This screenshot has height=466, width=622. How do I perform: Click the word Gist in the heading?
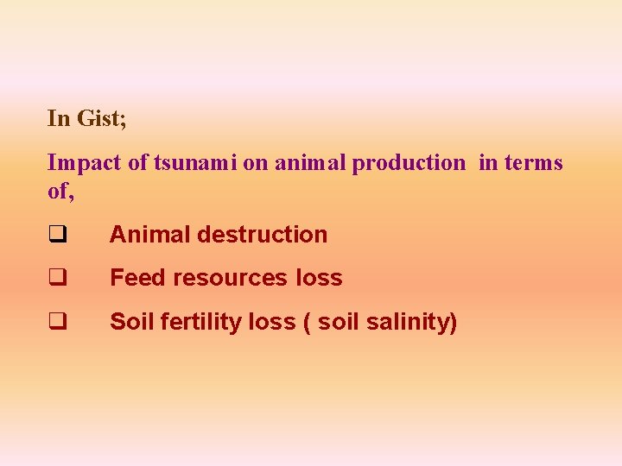(x=100, y=119)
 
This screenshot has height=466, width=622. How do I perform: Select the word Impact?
(x=84, y=162)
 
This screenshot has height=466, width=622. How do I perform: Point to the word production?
(x=408, y=163)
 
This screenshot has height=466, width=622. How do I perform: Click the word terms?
(x=534, y=162)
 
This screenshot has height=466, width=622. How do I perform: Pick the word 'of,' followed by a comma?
(x=60, y=191)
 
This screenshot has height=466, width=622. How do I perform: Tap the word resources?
(x=231, y=279)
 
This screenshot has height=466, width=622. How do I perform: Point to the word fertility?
(x=195, y=322)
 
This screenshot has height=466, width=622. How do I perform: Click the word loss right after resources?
(x=319, y=278)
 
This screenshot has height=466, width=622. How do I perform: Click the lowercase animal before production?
(x=310, y=162)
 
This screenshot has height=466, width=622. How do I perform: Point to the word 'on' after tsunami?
(x=255, y=163)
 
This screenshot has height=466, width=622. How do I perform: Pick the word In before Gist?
(x=58, y=119)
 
